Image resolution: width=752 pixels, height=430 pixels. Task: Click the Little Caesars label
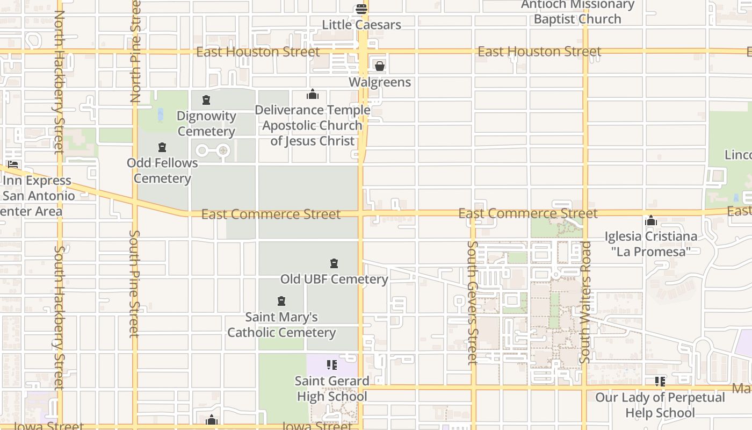click(361, 25)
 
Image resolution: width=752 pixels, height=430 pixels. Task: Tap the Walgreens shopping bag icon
click(380, 66)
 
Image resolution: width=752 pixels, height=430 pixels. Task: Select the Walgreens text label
click(380, 82)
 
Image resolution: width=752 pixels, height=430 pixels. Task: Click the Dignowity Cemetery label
click(206, 124)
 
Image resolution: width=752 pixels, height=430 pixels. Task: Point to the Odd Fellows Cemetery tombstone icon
click(162, 147)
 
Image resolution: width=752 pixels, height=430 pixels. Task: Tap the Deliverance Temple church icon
click(313, 95)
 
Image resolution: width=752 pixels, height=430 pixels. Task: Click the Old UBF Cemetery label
click(334, 279)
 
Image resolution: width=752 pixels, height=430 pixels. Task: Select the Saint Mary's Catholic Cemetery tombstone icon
click(281, 301)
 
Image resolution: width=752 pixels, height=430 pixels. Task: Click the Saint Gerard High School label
click(332, 389)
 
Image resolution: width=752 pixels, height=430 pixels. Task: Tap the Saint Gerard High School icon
click(332, 365)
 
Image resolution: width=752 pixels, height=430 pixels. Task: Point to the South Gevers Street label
click(472, 302)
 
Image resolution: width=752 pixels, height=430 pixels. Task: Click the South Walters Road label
click(585, 301)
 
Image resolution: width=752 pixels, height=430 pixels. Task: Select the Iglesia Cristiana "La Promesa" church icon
click(651, 220)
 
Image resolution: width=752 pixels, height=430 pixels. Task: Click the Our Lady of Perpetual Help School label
click(660, 405)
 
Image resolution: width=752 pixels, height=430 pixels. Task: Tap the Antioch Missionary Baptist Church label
click(577, 12)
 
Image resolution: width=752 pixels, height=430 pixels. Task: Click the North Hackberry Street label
click(59, 81)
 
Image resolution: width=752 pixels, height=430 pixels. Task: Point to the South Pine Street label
click(134, 283)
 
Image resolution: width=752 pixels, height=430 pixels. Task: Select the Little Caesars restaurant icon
click(361, 9)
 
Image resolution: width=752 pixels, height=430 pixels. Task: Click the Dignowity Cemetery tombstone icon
click(206, 100)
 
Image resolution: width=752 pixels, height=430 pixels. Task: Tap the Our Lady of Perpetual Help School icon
click(660, 382)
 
